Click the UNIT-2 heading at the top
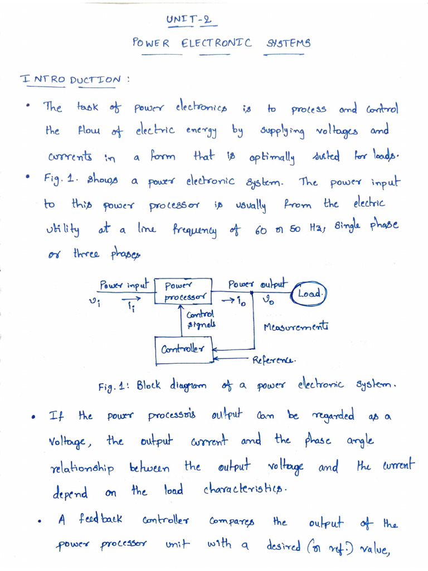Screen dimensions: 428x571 pos(189,19)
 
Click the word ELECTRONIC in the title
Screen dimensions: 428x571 pos(217,43)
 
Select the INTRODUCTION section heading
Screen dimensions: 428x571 pos(70,79)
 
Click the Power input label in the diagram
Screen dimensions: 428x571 pos(124,284)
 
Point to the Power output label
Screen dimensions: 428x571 pos(257,284)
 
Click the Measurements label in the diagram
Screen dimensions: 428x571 pos(296,326)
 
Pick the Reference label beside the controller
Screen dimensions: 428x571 pos(274,360)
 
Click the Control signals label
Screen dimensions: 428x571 pos(201,319)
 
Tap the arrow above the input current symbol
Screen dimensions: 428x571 pos(131,299)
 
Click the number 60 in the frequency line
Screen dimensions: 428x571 pos(261,230)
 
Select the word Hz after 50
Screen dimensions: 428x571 pos(315,228)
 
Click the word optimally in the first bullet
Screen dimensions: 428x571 pos(272,157)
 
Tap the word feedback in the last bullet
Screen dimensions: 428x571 pos(100,519)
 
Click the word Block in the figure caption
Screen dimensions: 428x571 pos(148,385)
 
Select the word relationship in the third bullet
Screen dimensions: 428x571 pos(82,468)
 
